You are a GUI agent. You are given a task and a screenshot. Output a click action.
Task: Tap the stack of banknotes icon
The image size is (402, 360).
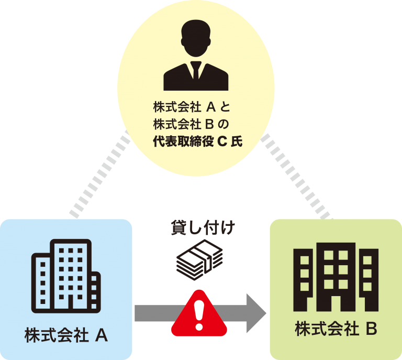coord(199,260)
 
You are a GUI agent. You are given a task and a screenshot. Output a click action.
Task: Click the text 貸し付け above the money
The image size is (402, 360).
coord(203,227)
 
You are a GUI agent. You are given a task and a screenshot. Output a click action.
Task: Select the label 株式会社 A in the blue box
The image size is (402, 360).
coord(66,335)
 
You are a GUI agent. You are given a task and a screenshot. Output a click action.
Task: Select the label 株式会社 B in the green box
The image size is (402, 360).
coord(336,329)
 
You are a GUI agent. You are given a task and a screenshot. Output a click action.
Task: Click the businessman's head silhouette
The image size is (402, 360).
coord(196,38)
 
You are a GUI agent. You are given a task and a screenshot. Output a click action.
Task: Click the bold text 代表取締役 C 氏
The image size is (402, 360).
coord(197,141)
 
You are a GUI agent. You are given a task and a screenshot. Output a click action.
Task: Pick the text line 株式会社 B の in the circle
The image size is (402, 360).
coord(191,124)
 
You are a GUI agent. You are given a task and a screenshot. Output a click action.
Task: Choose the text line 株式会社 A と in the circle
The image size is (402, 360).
coord(192,107)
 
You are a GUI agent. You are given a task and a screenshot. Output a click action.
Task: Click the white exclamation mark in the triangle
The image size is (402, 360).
coord(199,315)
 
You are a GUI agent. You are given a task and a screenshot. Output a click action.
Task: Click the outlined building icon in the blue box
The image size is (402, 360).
coord(66,276)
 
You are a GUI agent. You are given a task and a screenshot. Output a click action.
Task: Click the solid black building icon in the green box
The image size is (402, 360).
coord(336,277)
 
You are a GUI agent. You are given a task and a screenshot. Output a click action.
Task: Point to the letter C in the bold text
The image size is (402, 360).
coord(222,141)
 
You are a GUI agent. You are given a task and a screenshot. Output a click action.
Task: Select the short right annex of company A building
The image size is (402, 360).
coord(95,292)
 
